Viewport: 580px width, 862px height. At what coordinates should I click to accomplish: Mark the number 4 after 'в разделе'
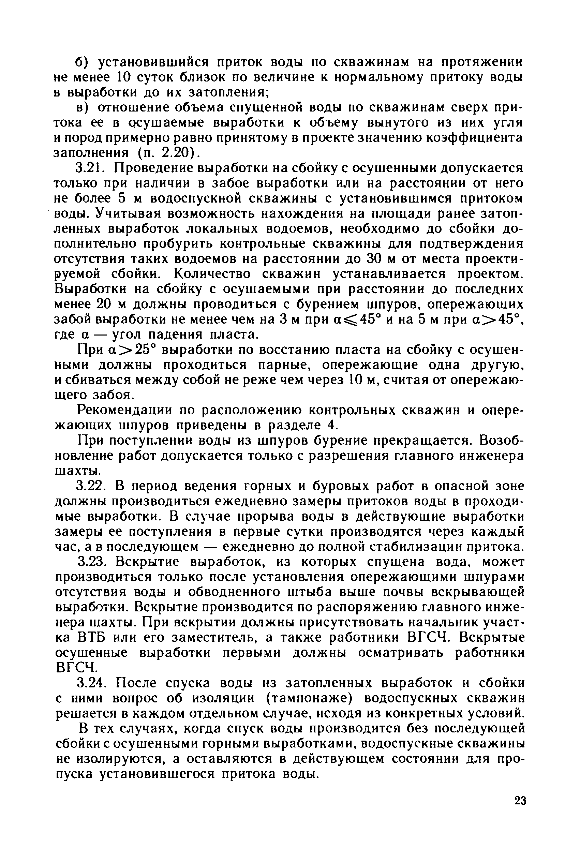[331, 426]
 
